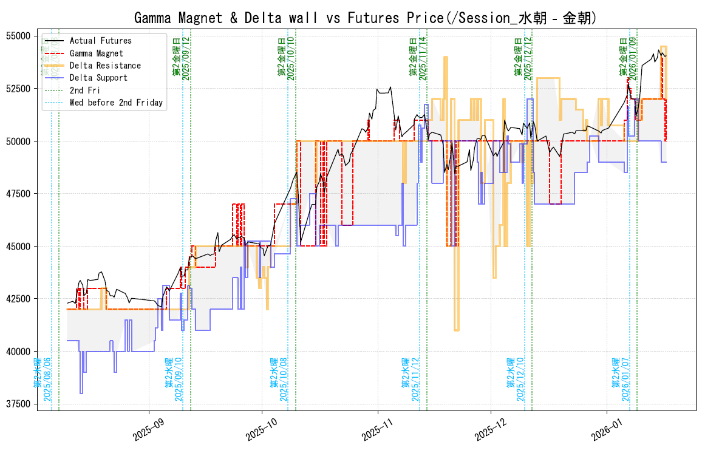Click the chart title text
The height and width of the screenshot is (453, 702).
pos(364,18)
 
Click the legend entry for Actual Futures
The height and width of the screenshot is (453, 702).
pos(100,41)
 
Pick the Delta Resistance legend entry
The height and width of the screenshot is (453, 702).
pos(105,66)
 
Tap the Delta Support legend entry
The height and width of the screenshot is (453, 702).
pos(98,78)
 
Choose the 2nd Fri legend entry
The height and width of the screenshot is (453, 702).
pos(85,90)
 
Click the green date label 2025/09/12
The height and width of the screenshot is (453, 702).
pos(186,58)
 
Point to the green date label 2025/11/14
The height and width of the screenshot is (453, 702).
pos(423,58)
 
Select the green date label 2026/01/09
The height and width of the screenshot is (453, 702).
pos(633,58)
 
